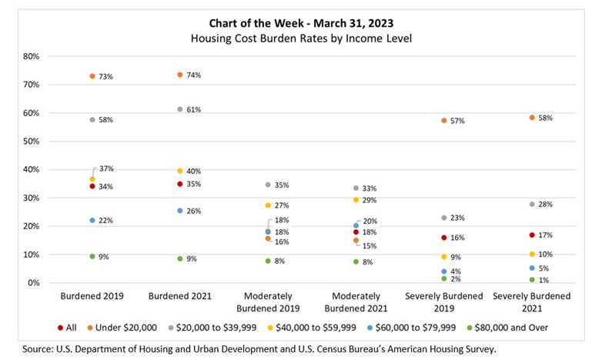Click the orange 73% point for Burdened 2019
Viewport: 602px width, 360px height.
coord(92,76)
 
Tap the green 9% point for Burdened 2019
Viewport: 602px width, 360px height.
coord(92,256)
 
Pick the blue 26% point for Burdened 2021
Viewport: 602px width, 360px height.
coord(180,210)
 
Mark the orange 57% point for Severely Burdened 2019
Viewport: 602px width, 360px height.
coord(444,121)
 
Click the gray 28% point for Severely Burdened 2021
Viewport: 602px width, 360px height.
coord(532,204)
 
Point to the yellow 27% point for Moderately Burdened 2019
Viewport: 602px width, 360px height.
coord(268,205)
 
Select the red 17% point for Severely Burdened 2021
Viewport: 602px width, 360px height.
coord(532,235)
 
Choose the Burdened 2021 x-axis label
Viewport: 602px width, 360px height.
coord(180,296)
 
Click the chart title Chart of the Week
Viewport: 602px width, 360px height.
coord(301,22)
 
